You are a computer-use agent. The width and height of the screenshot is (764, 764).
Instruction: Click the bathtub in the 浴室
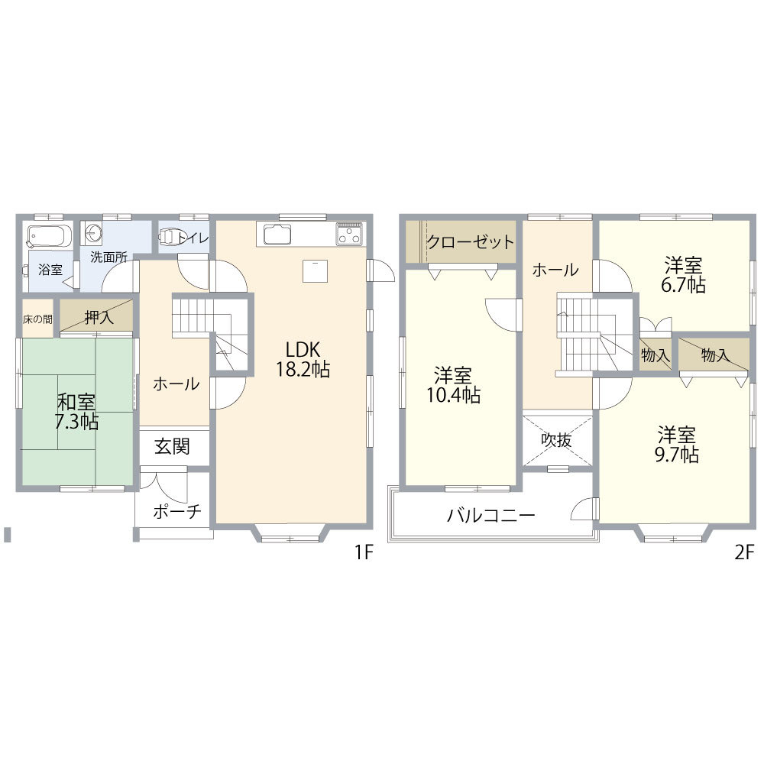click(50, 236)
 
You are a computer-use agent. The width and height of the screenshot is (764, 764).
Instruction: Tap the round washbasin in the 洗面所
click(92, 233)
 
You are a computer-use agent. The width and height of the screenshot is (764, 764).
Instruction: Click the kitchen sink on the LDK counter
click(277, 235)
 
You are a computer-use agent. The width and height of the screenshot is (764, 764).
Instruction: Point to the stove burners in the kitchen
click(349, 234)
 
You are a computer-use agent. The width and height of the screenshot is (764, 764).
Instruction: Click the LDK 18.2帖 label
click(303, 360)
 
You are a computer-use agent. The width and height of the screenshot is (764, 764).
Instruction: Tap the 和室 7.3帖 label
click(76, 412)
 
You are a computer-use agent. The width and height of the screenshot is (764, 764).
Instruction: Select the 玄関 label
click(172, 446)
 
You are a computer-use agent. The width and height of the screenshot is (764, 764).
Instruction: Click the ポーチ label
click(177, 511)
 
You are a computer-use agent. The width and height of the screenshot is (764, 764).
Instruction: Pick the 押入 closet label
click(99, 318)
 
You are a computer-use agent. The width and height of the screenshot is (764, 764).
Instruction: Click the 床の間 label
click(37, 319)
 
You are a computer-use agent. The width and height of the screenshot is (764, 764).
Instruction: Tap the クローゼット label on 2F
click(470, 242)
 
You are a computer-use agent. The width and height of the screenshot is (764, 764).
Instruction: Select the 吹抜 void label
click(556, 441)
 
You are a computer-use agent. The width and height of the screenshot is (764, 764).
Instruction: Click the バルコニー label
click(491, 515)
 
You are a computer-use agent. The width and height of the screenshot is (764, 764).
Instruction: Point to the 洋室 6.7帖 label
click(683, 275)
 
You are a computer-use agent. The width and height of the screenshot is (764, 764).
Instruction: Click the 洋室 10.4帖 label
click(454, 385)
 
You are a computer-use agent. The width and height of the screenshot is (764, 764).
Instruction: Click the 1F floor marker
click(364, 552)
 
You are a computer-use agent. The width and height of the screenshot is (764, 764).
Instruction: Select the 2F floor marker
click(744, 552)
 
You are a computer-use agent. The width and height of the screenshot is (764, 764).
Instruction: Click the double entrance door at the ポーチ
click(163, 485)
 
